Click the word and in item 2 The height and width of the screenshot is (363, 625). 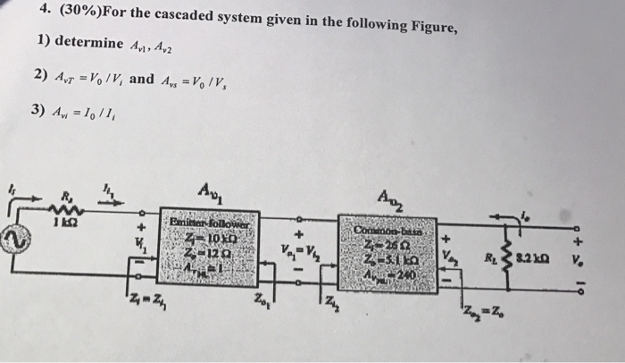point(142,78)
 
